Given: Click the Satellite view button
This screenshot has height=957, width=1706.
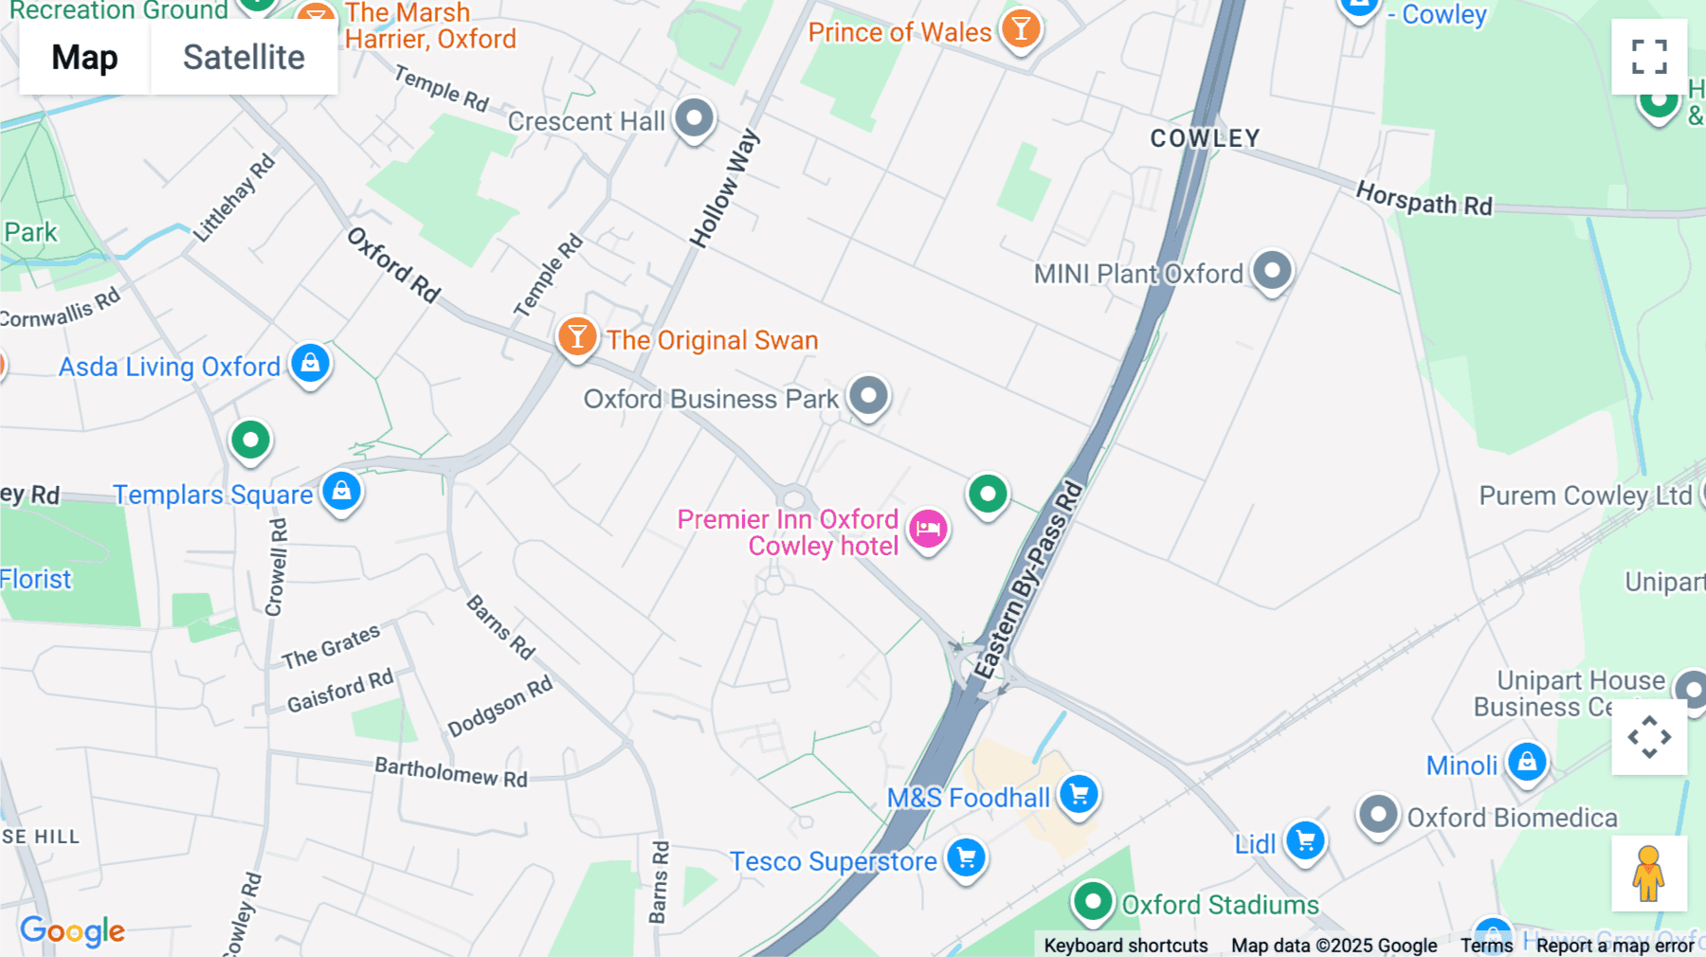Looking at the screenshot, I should (244, 58).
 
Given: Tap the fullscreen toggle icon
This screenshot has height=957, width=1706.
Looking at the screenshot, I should (1649, 57).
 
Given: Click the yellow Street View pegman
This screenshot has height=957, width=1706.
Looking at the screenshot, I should (1649, 874).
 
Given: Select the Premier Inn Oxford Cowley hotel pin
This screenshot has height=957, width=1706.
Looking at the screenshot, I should (928, 528).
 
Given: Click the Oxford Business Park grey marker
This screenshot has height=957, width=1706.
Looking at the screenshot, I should (868, 395).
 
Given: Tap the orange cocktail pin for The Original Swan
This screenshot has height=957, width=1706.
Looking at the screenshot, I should (576, 336).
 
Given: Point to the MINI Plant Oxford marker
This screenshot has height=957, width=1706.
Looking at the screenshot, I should (1272, 271).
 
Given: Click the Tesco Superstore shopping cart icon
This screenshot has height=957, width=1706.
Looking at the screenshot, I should (966, 858).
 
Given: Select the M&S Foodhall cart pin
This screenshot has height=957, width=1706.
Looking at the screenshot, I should (1079, 794).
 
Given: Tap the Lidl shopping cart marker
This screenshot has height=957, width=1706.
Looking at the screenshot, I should (1305, 840).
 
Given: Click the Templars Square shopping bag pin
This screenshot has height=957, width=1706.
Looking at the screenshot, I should (341, 491).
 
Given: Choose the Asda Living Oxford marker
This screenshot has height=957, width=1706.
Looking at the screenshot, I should (310, 363).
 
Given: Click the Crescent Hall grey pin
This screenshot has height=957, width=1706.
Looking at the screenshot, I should (694, 118).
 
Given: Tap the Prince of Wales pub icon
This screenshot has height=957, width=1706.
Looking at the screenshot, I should (1021, 29).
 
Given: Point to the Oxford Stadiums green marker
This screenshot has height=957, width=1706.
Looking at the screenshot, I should (1092, 901).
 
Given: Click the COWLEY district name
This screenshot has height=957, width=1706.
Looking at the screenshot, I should (1205, 138).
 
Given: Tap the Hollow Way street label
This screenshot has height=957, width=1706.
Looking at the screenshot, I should (724, 189).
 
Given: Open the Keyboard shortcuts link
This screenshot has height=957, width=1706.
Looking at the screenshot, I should (1125, 945).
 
